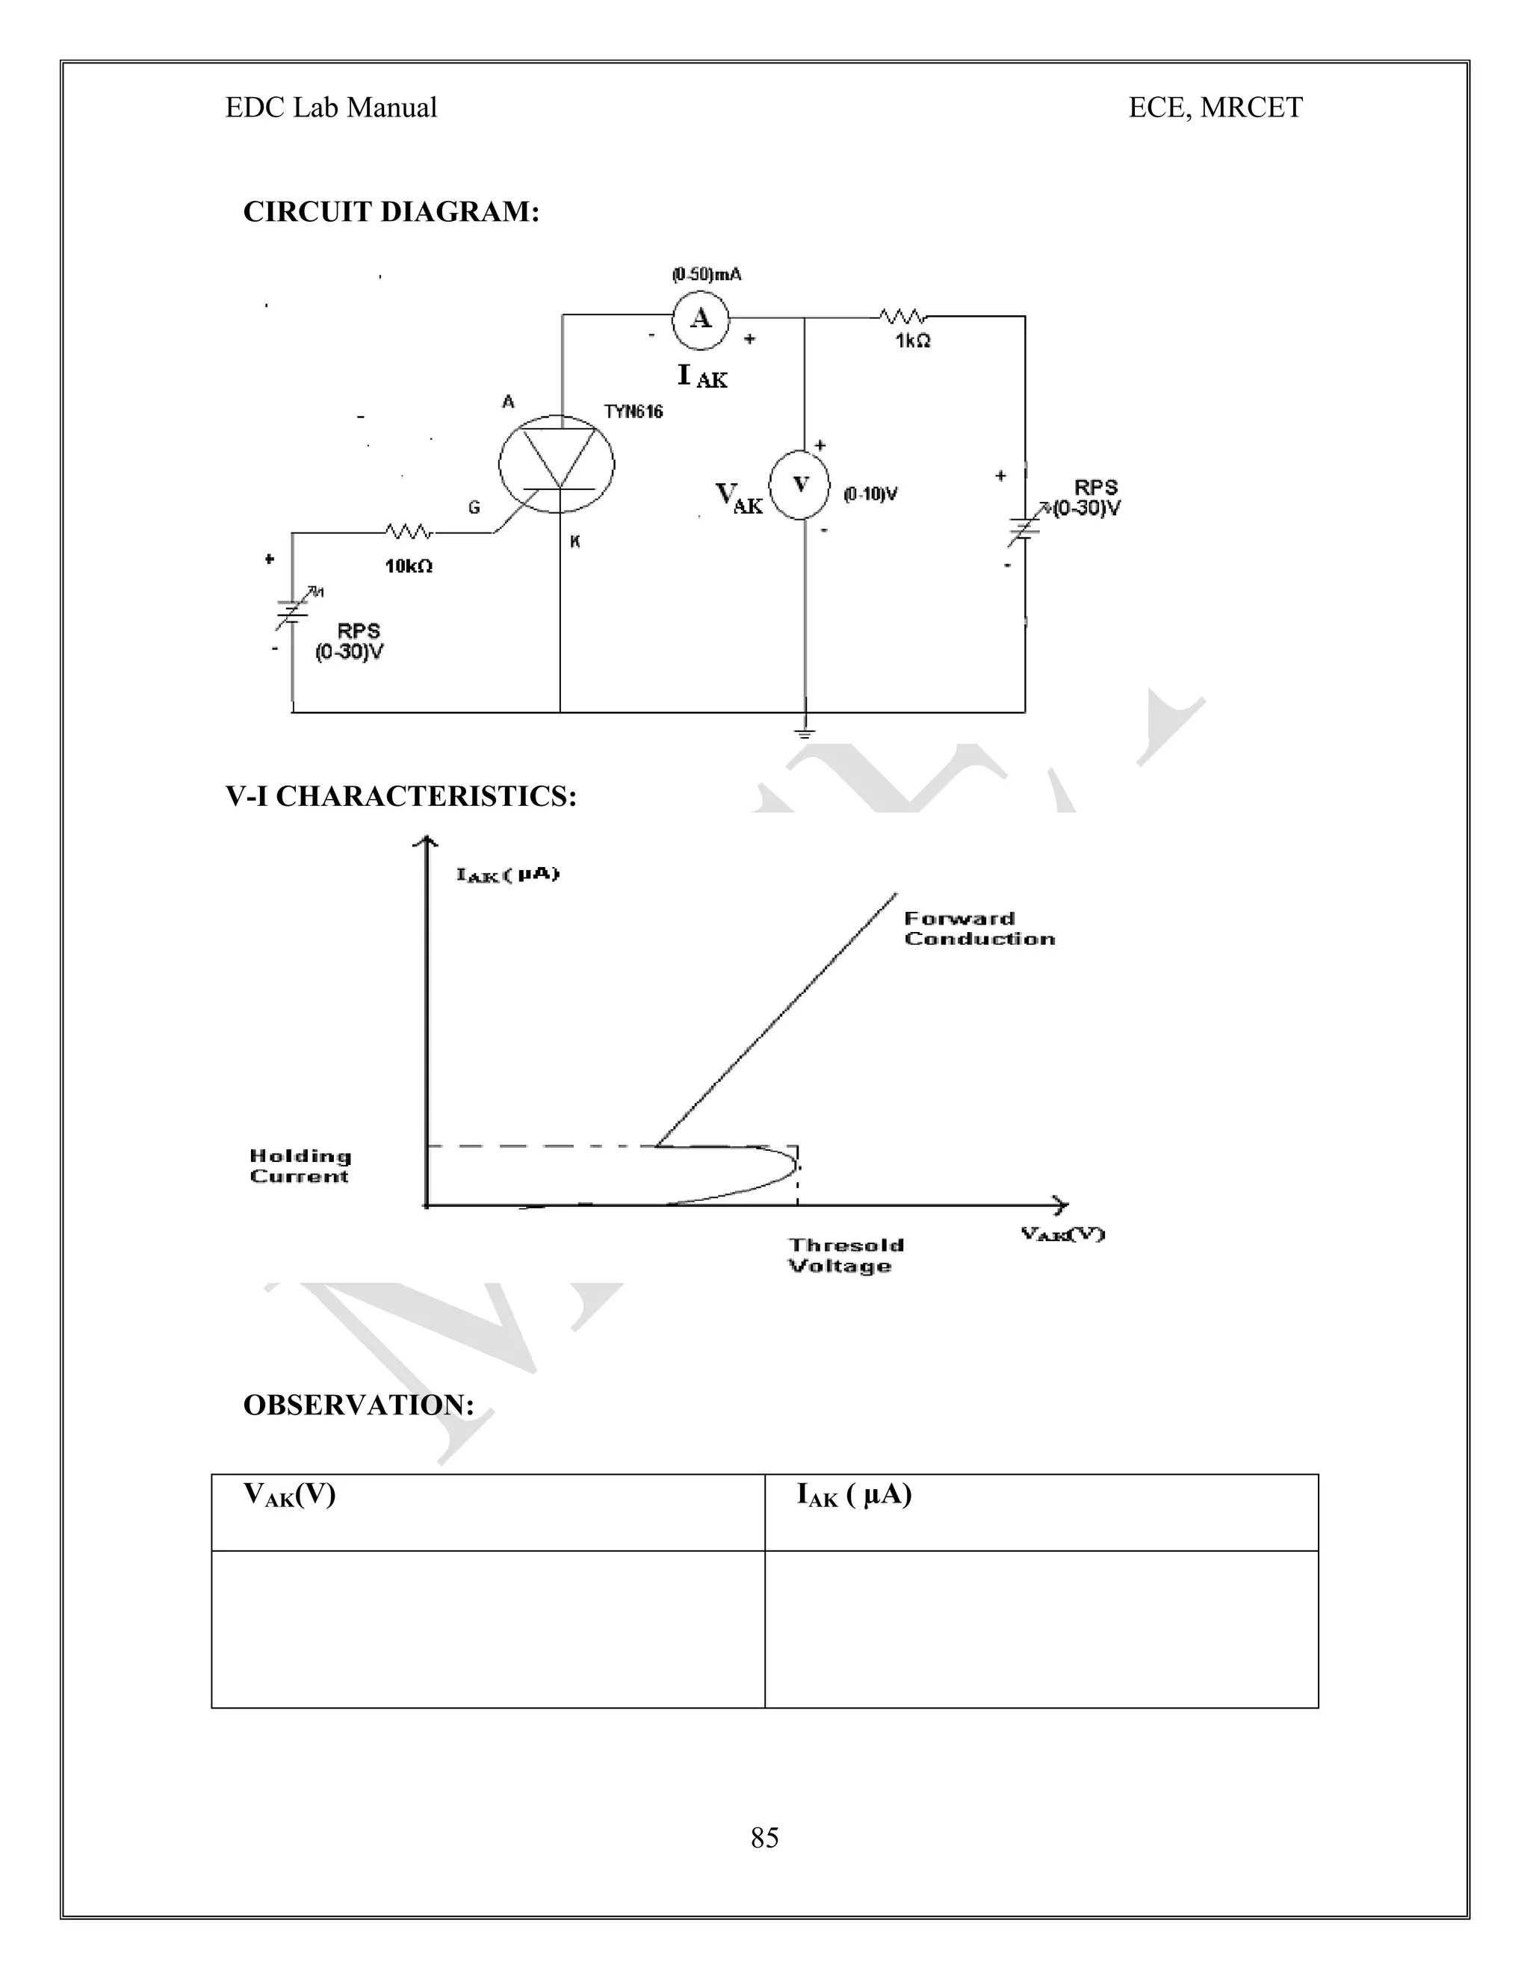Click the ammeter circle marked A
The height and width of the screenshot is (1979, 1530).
pos(700,319)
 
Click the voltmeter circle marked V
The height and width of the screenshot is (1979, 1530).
pos(799,484)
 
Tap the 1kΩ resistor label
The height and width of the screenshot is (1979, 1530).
pos(912,341)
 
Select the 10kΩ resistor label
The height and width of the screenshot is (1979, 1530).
pos(408,566)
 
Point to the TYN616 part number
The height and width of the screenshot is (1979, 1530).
pos(634,412)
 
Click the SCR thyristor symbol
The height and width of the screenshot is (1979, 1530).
pos(557,465)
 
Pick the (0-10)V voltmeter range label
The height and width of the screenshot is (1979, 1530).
pos(870,494)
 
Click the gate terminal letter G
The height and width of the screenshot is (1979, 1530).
pos(474,509)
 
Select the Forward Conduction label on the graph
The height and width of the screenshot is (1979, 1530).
pos(979,929)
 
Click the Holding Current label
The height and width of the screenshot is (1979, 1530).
pos(300,1166)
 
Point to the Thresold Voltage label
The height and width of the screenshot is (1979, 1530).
pos(845,1256)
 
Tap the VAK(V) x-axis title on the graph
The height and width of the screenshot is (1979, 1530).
pos(1062,1234)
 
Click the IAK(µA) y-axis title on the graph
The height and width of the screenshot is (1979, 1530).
pos(507,874)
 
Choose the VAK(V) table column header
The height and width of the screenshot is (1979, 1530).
pos(289,1494)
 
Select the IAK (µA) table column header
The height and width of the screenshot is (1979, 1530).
pos(854,1494)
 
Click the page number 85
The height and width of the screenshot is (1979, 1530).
pos(764,1838)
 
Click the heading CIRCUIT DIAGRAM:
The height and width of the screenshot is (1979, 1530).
pos(391,212)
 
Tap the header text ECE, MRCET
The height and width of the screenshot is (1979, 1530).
pos(1215,108)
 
